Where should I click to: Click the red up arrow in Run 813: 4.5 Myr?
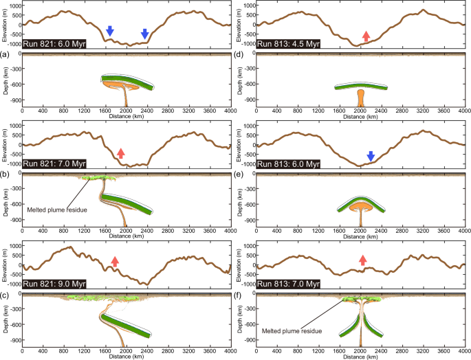coord(366,37)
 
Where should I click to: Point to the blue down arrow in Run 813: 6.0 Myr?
coord(370,157)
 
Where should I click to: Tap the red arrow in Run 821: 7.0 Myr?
coord(121,153)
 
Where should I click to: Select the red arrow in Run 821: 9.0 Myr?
coord(115,261)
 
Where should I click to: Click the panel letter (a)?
coord(5,55)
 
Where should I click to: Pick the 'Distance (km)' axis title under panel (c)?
coord(126,355)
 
